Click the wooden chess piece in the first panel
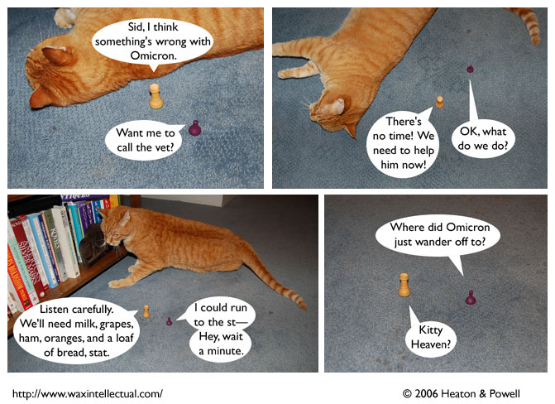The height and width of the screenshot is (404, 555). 155,96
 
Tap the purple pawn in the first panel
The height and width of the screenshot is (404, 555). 194,128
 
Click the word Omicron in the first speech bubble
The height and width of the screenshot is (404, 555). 153,55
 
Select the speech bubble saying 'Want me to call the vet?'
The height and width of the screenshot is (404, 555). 145,141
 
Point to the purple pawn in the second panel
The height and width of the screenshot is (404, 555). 470,69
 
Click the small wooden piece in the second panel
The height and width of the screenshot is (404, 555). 439,102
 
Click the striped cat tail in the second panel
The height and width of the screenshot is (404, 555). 529,24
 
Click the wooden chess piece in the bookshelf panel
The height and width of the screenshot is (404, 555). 146,311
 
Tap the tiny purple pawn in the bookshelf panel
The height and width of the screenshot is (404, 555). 170,321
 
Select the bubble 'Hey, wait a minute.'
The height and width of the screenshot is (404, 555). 220,344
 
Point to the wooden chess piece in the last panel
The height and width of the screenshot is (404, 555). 404,285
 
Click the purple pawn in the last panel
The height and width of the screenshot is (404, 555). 471,298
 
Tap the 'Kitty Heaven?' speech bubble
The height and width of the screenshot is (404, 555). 431,337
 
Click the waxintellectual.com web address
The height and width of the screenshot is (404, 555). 88,394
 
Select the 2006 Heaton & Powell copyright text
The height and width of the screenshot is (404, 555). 462,394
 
